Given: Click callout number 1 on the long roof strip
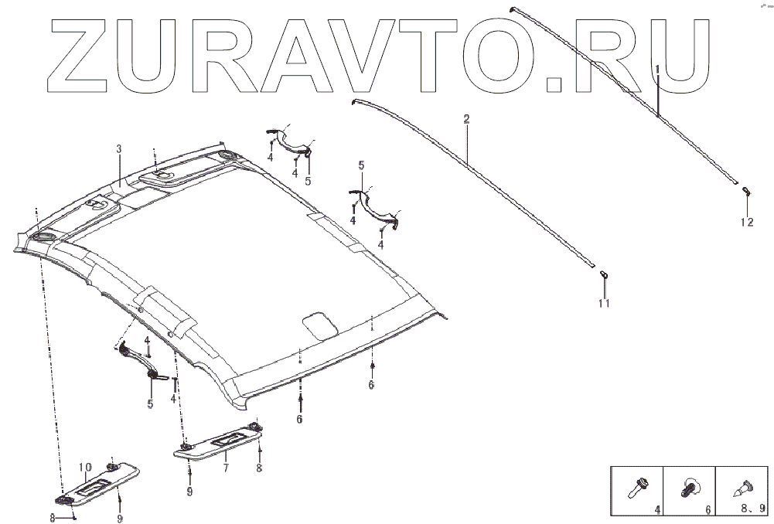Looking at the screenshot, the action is click(657, 69).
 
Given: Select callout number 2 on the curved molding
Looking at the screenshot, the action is click(466, 119).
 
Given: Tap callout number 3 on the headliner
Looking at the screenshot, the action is click(119, 148).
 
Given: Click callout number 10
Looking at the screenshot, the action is click(86, 467).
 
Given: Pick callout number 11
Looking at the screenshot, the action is click(604, 304).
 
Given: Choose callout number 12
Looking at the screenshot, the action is click(746, 223).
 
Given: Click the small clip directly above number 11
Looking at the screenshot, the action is click(604, 274).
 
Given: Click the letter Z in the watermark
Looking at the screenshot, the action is click(84, 53).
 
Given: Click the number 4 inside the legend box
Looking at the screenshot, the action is click(656, 510).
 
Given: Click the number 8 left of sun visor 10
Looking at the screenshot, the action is click(53, 519).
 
